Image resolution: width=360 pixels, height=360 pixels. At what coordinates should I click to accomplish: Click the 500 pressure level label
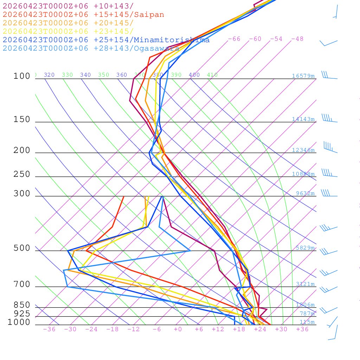[x=22, y=248]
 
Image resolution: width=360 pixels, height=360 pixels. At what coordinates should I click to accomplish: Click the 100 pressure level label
[x=22, y=76]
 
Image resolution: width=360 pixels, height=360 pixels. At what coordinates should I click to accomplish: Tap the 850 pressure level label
[x=22, y=305]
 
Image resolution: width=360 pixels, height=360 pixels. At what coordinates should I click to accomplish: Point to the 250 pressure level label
[x=22, y=174]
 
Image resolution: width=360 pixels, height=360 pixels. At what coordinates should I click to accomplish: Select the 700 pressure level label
[x=22, y=284]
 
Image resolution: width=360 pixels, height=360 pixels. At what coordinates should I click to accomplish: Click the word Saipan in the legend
[x=149, y=15]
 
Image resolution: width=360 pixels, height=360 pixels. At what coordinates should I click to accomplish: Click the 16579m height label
[x=303, y=76]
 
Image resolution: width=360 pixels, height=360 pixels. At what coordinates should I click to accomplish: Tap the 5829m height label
[x=305, y=248]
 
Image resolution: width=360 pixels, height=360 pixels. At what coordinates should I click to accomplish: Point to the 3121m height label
[x=305, y=284]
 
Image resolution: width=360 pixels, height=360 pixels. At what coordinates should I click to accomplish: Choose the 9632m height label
[x=305, y=193]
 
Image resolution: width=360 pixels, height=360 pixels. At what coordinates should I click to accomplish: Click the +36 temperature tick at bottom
[x=302, y=329]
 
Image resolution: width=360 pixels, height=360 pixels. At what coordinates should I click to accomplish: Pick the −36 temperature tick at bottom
[x=49, y=329]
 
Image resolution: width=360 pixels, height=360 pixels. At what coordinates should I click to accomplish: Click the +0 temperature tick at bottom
[x=178, y=329]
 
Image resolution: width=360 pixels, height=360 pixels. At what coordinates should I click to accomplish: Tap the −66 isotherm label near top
[x=234, y=39]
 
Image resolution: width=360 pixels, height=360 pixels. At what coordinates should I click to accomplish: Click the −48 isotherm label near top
[x=297, y=39]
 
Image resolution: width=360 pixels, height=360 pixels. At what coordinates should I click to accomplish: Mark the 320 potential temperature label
[x=49, y=75]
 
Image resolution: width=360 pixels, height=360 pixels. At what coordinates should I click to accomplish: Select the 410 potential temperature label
[x=212, y=75]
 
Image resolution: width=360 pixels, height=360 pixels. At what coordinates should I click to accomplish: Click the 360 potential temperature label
[x=122, y=75]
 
